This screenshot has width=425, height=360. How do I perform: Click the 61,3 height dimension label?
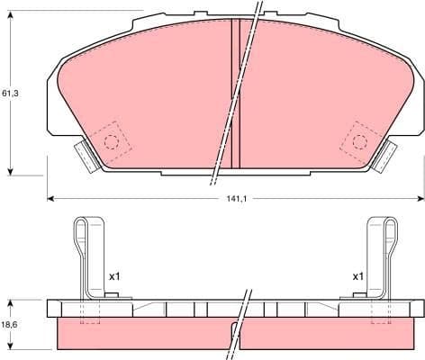point(9,93)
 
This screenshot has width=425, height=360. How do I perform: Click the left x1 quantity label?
point(114,276)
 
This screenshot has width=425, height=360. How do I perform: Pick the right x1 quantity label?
point(357,276)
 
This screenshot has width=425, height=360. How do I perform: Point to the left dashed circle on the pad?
point(112,141)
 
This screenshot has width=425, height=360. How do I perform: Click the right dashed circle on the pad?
point(359,141)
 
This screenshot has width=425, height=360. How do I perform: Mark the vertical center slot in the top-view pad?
point(235,94)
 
